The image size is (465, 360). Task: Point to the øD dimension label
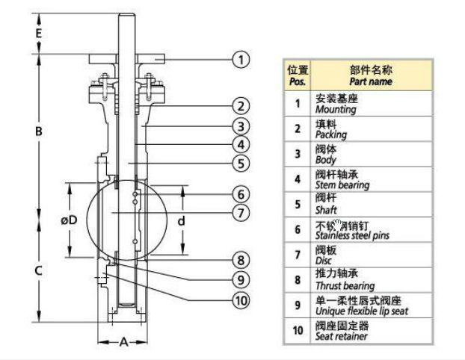click(x=69, y=220)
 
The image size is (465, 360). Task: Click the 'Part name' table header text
click(x=370, y=82)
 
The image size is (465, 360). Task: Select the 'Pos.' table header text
click(x=297, y=82)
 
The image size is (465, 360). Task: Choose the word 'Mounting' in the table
click(x=336, y=109)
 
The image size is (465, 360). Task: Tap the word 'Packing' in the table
click(x=331, y=134)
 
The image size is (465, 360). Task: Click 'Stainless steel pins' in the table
click(x=352, y=235)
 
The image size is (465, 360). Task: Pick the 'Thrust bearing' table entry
click(x=345, y=286)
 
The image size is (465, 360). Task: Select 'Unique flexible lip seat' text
click(x=362, y=311)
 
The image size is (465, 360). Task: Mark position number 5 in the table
click(x=298, y=204)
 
